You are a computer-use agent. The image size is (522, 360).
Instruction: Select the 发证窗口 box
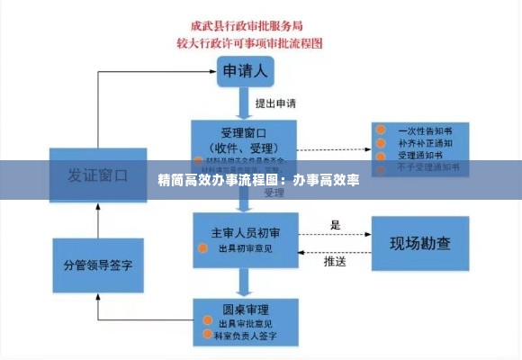pyautogui.click(x=97, y=175)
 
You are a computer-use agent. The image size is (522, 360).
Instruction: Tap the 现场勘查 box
pyautogui.click(x=419, y=243)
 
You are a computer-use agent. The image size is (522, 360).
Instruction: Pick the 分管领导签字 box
pyautogui.click(x=97, y=265)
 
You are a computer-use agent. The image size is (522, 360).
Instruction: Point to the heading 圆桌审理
pyautogui.click(x=230, y=309)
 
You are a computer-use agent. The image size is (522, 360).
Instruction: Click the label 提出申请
pyautogui.click(x=276, y=103)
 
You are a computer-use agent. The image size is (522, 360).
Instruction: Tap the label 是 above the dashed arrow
pyautogui.click(x=335, y=225)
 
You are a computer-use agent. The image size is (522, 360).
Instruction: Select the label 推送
pyautogui.click(x=335, y=262)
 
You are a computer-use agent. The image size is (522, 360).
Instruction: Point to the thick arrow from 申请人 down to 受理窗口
pyautogui.click(x=242, y=103)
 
